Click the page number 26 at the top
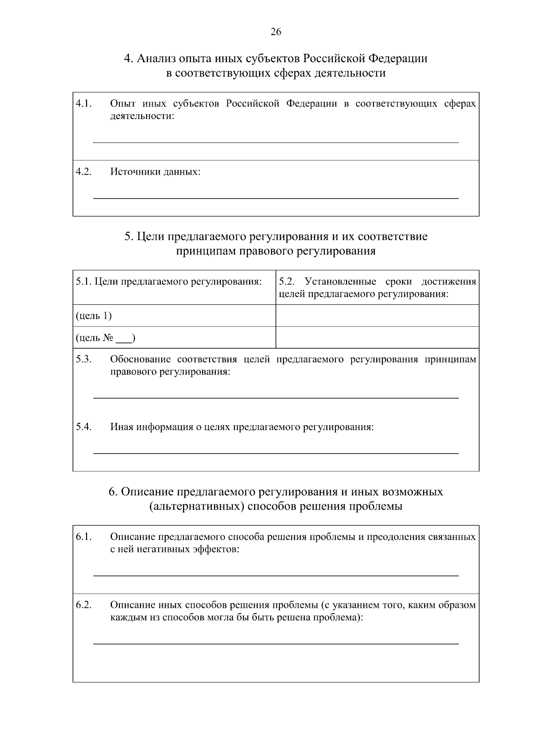click(x=275, y=32)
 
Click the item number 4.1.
click(x=84, y=104)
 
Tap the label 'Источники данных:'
click(x=155, y=172)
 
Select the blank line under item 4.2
click(x=275, y=198)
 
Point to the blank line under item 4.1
click(x=275, y=142)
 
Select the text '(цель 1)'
click(x=94, y=315)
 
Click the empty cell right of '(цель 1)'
click(x=377, y=315)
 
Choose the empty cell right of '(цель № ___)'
click(x=377, y=337)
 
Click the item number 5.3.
click(x=84, y=359)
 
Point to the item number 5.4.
click(x=84, y=427)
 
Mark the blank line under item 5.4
click(x=275, y=453)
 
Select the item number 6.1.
click(x=84, y=537)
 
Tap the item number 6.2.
click(x=84, y=605)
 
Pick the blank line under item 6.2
click(x=275, y=643)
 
